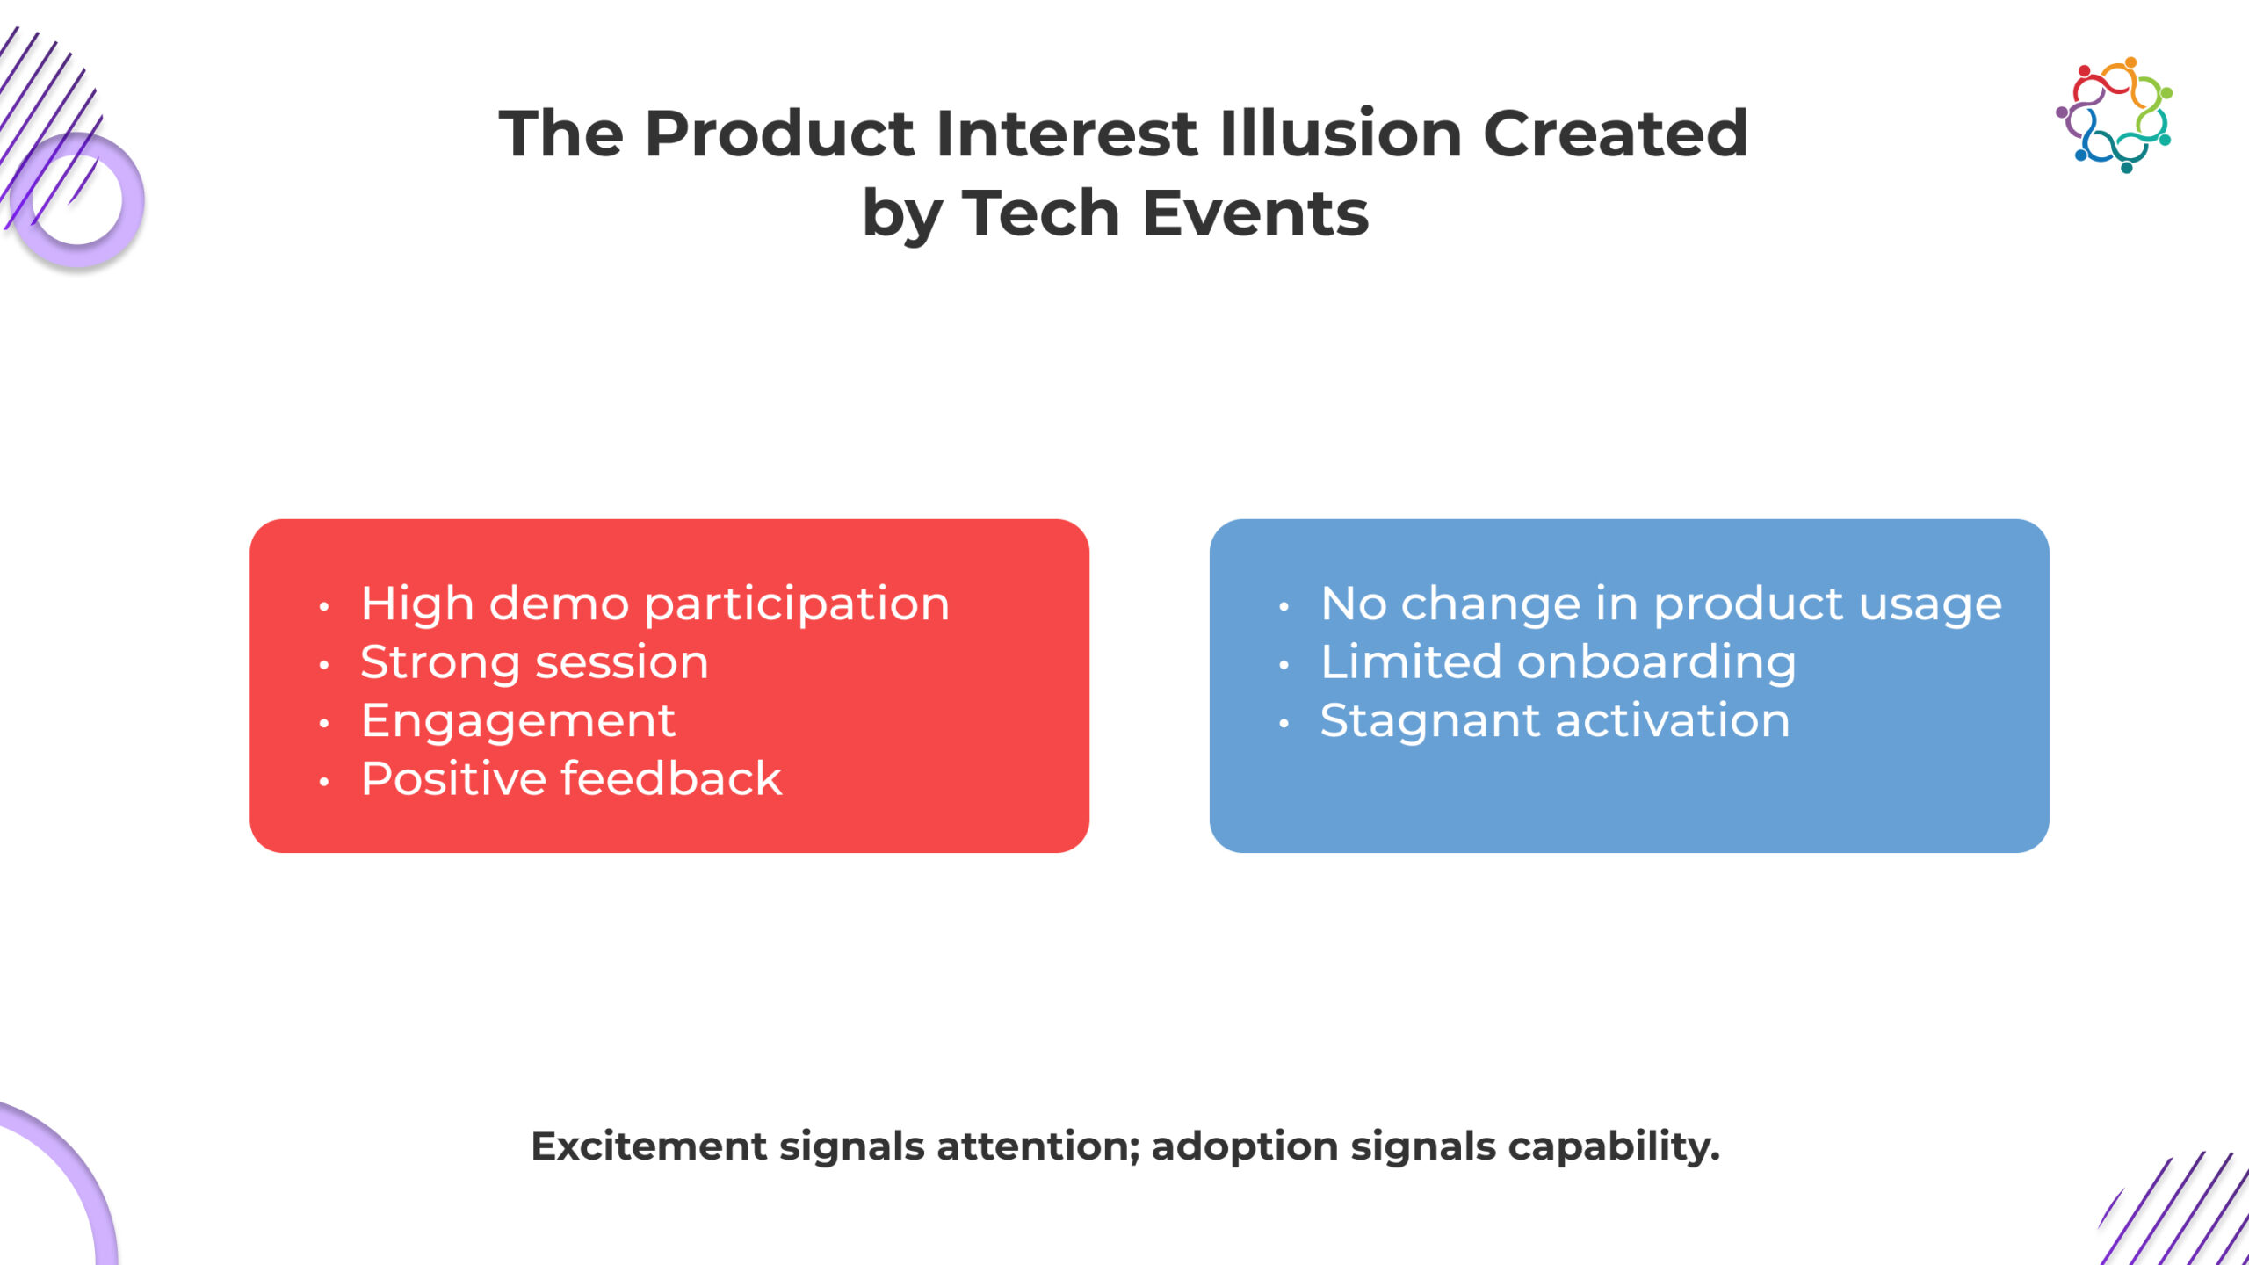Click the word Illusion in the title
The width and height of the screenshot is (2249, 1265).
[x=1341, y=134]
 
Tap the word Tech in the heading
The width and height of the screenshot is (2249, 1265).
[x=1041, y=213]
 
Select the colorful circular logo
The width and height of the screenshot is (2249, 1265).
[x=2114, y=115]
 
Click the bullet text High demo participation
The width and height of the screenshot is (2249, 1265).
[x=655, y=605]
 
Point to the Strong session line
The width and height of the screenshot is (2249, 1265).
[x=534, y=662]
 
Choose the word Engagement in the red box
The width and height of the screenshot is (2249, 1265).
[x=518, y=722]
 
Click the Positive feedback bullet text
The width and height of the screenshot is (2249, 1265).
[x=571, y=778]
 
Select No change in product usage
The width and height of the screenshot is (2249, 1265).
[x=1661, y=605]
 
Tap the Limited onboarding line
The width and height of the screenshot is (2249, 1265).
[x=1558, y=663]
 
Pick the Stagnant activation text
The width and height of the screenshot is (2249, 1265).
[x=1555, y=721]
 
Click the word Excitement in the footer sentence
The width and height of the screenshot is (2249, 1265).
[x=649, y=1146]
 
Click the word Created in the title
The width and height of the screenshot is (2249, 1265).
[x=1616, y=134]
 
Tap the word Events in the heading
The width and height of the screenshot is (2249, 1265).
[x=1255, y=213]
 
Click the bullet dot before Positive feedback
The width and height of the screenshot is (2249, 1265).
[x=324, y=781]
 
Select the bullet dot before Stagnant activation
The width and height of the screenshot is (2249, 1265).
[x=1284, y=723]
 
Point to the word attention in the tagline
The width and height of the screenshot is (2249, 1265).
[x=1038, y=1147]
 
